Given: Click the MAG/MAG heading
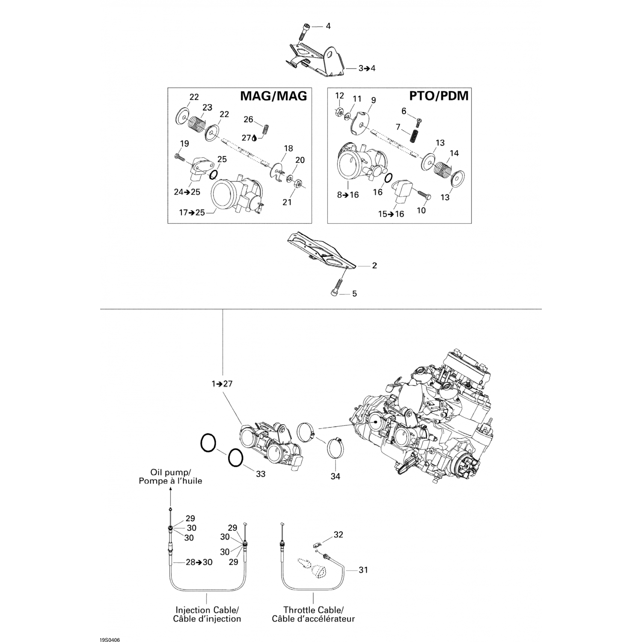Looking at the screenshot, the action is [x=273, y=96].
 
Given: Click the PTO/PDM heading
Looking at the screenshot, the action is [x=439, y=96].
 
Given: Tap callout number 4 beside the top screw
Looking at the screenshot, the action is [x=328, y=26].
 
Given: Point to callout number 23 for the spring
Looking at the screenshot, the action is [x=208, y=107].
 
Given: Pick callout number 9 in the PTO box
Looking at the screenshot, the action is [x=374, y=100].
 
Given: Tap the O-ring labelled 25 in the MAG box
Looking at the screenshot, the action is [x=214, y=174].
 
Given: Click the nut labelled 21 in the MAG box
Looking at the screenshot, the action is [x=297, y=183].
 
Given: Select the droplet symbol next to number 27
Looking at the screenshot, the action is [x=255, y=138].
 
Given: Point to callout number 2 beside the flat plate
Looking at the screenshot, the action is [x=374, y=266].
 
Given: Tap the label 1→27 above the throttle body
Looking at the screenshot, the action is [x=222, y=384].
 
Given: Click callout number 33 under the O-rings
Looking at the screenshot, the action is [x=261, y=474].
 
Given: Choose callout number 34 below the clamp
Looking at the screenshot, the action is [x=336, y=476].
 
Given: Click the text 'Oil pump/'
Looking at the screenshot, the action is [x=170, y=473].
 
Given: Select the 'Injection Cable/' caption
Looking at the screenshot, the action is [x=207, y=610].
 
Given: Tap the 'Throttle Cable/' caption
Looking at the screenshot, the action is [x=313, y=610].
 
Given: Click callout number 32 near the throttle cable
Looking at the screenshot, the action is [x=339, y=535].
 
